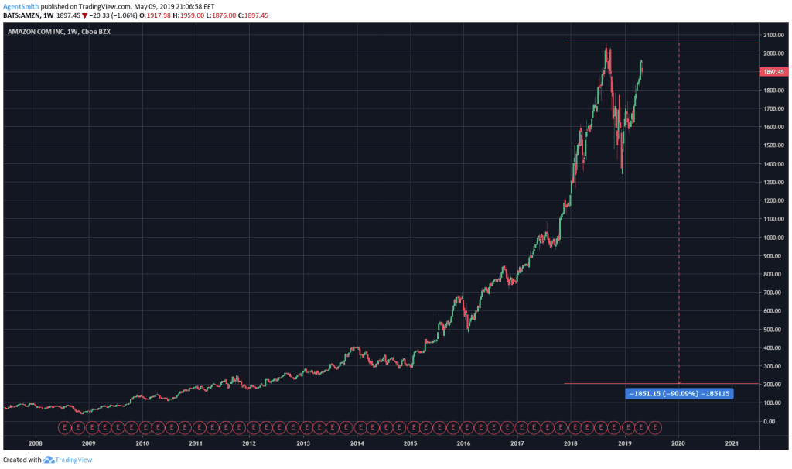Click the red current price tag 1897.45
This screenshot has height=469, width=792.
(x=773, y=72)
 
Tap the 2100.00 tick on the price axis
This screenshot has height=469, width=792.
(x=773, y=35)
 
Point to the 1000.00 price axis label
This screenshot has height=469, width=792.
(x=773, y=238)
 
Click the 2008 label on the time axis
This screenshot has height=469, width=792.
(x=36, y=443)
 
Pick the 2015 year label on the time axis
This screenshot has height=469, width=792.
(x=410, y=443)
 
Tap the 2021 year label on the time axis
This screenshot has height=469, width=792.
(x=732, y=443)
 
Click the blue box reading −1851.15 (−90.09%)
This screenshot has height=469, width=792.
(x=679, y=394)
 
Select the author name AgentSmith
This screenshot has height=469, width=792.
(x=21, y=6)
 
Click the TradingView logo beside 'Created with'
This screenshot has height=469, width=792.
(x=68, y=460)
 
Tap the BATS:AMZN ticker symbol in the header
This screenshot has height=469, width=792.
(x=20, y=15)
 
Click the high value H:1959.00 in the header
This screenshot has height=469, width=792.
(x=189, y=15)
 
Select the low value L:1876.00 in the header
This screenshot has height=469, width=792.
(x=220, y=15)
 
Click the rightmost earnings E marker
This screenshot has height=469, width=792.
(x=655, y=427)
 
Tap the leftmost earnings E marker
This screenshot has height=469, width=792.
(x=65, y=427)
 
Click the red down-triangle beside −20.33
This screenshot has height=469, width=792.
(x=85, y=15)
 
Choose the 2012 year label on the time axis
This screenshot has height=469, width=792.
(x=249, y=443)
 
